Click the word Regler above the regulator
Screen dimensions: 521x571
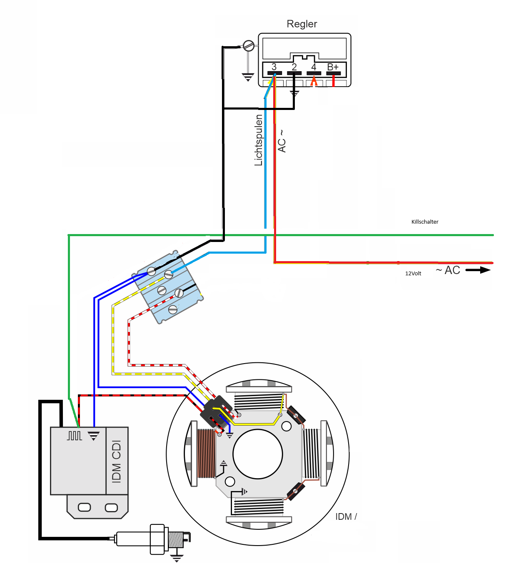coord(302,24)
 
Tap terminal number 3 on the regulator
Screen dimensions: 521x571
coord(274,67)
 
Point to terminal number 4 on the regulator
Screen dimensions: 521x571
coord(314,67)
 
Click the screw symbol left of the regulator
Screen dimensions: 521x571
coord(248,45)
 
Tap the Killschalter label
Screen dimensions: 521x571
coord(424,222)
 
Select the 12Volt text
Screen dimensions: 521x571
coord(413,273)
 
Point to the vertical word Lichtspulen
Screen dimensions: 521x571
coord(258,140)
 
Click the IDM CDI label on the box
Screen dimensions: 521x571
coord(117,461)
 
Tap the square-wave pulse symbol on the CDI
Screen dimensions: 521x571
coord(75,436)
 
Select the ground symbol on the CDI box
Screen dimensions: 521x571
coord(93,436)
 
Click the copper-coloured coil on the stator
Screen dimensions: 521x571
coord(207,454)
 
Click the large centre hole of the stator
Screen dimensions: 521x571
coord(257,454)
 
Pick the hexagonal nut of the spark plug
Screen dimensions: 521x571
coord(157,539)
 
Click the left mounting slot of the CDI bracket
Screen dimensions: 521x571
coord(84,507)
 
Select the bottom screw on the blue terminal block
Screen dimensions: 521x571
coord(173,309)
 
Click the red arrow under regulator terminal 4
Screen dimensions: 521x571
coord(314,81)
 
